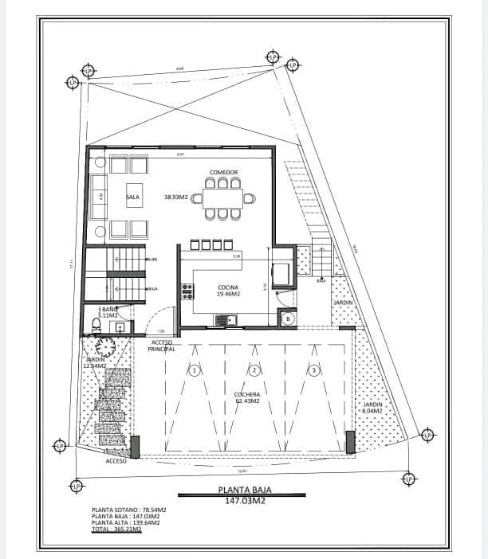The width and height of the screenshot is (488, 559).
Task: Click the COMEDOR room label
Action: (224, 173)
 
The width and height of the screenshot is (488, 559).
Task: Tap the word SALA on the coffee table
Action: (132, 196)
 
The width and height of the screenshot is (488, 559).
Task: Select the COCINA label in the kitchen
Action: (229, 287)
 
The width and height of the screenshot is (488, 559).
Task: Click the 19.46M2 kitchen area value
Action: (229, 294)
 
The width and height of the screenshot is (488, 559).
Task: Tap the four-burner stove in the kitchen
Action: (187, 291)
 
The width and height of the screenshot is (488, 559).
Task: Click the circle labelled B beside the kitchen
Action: (288, 319)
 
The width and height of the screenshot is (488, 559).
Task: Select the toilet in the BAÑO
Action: (96, 325)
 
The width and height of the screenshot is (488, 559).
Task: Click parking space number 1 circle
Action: (194, 369)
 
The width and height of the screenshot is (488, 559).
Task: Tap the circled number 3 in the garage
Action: (314, 369)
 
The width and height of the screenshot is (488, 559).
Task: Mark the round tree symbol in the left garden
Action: (104, 347)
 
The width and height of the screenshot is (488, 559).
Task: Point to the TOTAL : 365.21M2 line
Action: (116, 529)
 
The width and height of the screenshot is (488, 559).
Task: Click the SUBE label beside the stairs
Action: (152, 260)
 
